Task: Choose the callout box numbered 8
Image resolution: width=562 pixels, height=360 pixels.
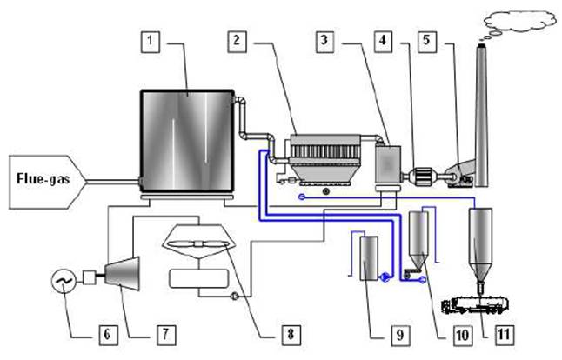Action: click(x=291, y=335)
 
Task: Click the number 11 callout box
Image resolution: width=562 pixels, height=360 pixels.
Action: click(x=505, y=336)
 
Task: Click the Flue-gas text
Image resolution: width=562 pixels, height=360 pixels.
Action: click(x=43, y=178)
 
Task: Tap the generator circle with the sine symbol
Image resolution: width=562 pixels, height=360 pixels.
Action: click(x=64, y=281)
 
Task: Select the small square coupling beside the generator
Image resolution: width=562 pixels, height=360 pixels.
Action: click(x=90, y=277)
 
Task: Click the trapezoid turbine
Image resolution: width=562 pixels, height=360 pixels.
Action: click(x=122, y=275)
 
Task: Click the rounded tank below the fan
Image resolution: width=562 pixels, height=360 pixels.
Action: click(x=198, y=278)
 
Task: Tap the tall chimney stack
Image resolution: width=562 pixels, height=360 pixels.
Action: click(x=482, y=116)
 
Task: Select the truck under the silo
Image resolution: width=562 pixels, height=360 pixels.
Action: click(x=475, y=305)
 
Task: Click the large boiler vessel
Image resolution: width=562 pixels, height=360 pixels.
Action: click(x=187, y=141)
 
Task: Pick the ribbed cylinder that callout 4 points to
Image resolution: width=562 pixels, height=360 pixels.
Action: click(x=424, y=177)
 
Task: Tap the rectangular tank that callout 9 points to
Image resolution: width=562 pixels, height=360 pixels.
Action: click(x=369, y=258)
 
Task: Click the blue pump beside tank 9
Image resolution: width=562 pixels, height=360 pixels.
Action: click(x=385, y=277)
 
